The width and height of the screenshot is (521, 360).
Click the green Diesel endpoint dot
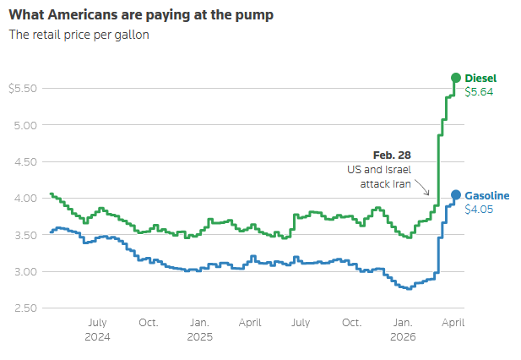[456, 78]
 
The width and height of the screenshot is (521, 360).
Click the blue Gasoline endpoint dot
[456, 195]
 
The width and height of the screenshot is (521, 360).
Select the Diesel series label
[480, 79]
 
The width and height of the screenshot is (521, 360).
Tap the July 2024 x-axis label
[97, 329]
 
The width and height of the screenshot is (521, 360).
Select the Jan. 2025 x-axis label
[199, 329]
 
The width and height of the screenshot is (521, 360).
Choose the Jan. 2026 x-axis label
[403, 329]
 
